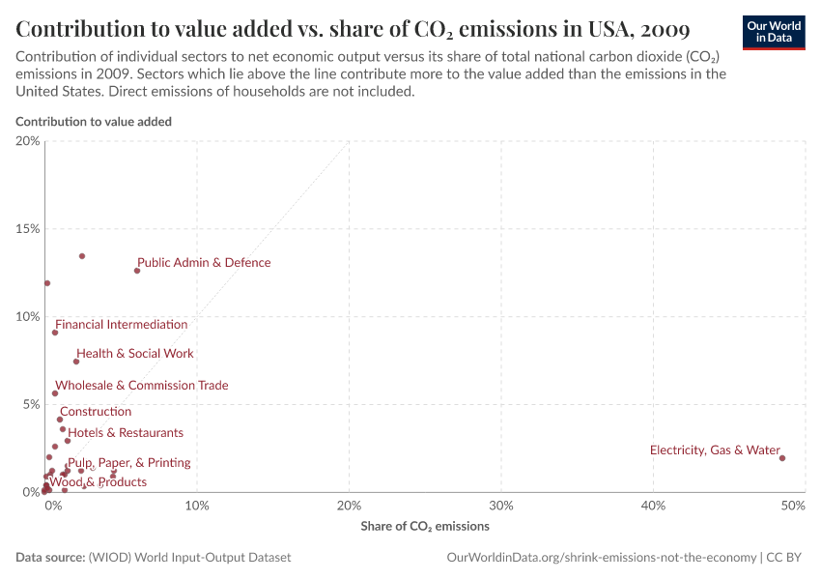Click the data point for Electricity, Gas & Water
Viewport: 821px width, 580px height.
coord(782,458)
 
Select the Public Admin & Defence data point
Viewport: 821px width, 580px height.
coord(137,271)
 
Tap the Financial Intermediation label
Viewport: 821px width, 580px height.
coord(121,325)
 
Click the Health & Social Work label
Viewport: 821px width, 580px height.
coord(135,354)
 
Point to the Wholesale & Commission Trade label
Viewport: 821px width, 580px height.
coord(142,386)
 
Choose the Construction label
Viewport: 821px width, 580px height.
coord(96,412)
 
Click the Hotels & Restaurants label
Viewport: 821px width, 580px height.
coord(126,433)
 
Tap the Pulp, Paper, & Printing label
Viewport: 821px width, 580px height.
coord(128,463)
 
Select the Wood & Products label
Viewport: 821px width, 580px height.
coord(98,482)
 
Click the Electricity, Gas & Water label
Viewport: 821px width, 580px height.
coord(715,450)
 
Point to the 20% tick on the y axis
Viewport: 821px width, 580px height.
coord(28,141)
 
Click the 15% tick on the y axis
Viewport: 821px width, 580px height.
coord(28,229)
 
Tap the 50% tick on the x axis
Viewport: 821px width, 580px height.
coord(793,506)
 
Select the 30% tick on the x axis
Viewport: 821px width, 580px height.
coord(501,506)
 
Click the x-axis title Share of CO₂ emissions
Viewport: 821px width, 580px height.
coord(425,527)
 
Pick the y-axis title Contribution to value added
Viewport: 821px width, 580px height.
coord(94,122)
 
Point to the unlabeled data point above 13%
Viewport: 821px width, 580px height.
coord(82,256)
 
